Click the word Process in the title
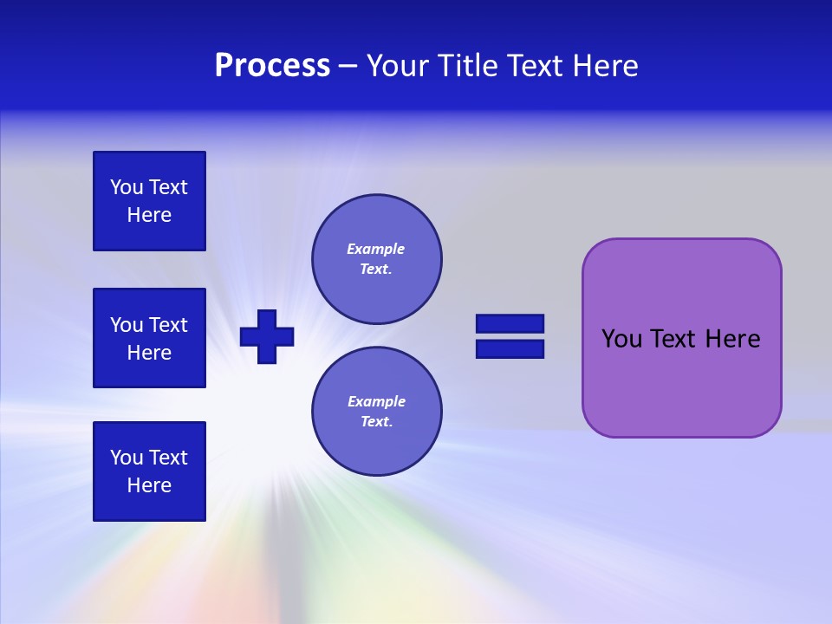[272, 66]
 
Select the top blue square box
[149, 201]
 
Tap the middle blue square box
[149, 338]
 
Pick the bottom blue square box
[149, 471]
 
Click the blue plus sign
[267, 336]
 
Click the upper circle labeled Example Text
[376, 259]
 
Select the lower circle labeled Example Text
[376, 412]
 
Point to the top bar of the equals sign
[510, 323]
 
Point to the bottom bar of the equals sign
[510, 348]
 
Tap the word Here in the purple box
[732, 339]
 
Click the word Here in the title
[604, 66]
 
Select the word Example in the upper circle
[376, 249]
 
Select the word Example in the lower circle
[376, 401]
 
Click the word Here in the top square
[149, 215]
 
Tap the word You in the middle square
[126, 325]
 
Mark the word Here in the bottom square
[149, 485]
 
